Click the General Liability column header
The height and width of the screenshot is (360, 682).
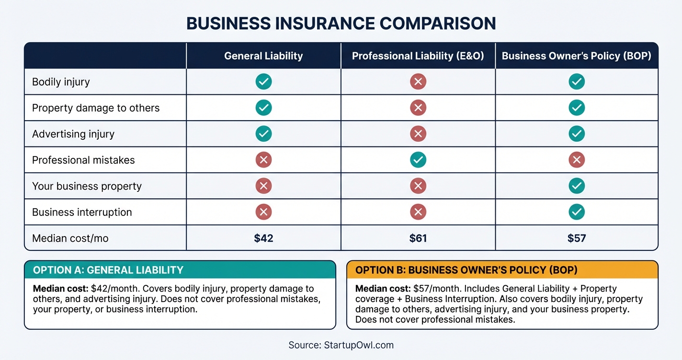pos(263,56)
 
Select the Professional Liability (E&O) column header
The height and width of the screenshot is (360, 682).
pos(418,56)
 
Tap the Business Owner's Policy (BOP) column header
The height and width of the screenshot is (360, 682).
pos(577,56)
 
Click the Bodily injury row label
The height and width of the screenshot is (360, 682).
pos(61,82)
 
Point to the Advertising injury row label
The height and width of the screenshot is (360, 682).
pos(73,134)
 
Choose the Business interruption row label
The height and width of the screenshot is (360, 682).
pos(82,212)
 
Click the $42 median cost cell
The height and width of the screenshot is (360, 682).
pos(263,238)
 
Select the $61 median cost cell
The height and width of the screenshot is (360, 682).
pos(418,238)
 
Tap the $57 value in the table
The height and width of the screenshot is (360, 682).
pos(577,238)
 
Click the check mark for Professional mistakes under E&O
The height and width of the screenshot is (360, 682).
pos(418,160)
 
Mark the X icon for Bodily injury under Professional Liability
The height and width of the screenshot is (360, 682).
pos(418,82)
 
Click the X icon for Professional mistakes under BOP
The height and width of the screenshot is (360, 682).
pos(577,160)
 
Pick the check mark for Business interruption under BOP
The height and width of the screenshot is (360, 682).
pos(577,212)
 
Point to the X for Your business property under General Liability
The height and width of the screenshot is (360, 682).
pos(263,186)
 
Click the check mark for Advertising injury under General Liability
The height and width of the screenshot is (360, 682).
pos(263,134)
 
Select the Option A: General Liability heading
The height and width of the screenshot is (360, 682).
pos(108,270)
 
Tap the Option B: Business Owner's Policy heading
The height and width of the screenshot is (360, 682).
pos(466,270)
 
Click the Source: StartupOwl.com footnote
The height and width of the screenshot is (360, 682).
pos(341,345)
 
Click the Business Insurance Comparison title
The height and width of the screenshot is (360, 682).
pos(341,23)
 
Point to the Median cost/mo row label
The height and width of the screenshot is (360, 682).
pos(70,238)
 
